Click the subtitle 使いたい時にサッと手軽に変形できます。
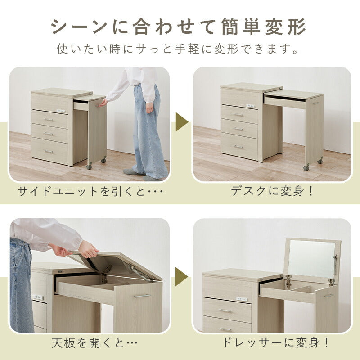pos(179,49)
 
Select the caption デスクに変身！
pos(273,191)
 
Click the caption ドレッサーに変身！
pos(275,343)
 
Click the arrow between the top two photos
pos(182,122)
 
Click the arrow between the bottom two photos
pos(182,276)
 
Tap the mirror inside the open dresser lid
pos(311,259)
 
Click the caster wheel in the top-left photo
pos(89,167)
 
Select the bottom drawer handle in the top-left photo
pos(49,151)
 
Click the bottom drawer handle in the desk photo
pos(239,146)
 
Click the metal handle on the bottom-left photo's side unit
pos(141,296)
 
